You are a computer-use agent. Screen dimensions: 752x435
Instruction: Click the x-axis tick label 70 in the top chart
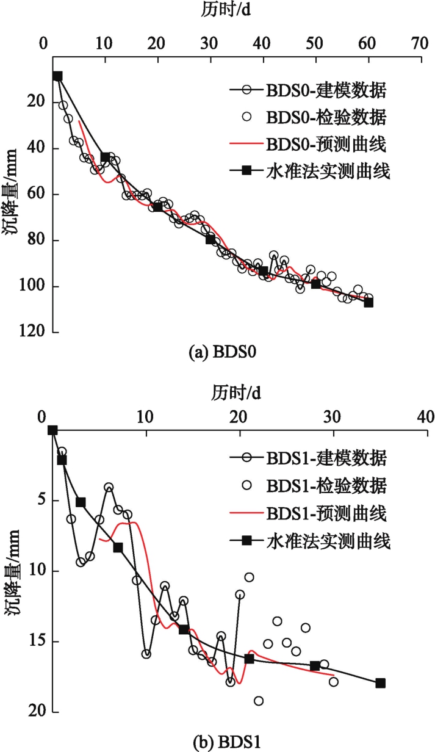click(419, 45)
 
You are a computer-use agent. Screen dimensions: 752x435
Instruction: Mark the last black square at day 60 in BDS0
click(368, 302)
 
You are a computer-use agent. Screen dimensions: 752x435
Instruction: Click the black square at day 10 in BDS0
click(105, 157)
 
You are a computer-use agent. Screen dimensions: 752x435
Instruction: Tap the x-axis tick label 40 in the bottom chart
click(425, 417)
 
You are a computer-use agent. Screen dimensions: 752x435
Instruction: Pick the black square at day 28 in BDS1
click(315, 666)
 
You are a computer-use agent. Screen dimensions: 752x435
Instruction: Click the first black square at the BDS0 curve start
click(57, 76)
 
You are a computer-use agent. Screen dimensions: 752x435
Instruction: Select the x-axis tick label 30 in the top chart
click(209, 45)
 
